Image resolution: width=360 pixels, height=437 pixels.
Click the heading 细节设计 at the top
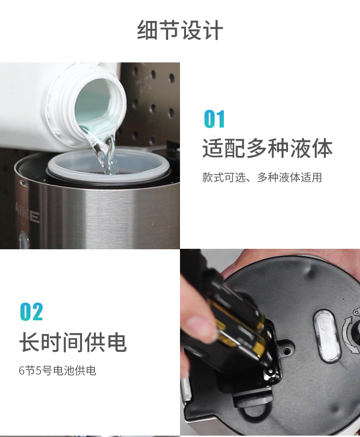(x=180, y=30)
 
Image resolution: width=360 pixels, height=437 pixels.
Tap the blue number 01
(x=214, y=119)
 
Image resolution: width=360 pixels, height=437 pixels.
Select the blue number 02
(x=31, y=311)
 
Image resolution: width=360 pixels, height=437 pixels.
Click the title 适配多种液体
(x=267, y=148)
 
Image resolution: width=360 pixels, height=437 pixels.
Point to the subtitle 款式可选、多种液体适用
(x=262, y=177)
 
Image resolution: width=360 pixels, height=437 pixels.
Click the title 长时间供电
(x=73, y=342)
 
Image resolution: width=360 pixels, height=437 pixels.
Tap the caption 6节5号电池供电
(x=57, y=370)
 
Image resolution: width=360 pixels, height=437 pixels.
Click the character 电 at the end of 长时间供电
(x=117, y=342)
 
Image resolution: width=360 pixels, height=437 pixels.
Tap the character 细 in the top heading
(x=147, y=30)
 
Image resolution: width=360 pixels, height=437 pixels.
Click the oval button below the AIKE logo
(x=24, y=240)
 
